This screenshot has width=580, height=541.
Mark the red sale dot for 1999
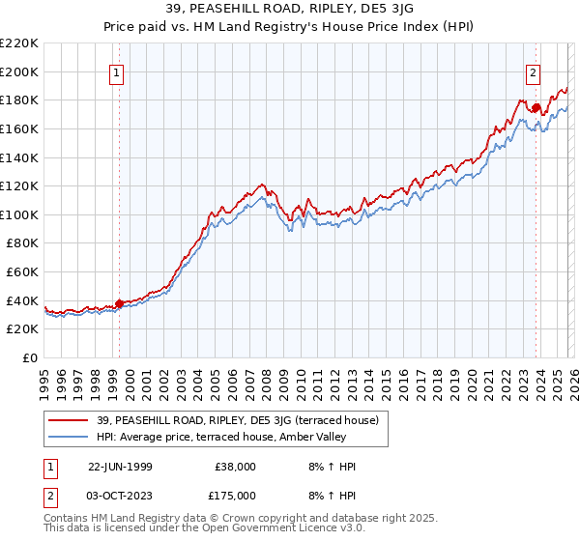point(120,303)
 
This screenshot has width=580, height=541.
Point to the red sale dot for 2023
point(536,107)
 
